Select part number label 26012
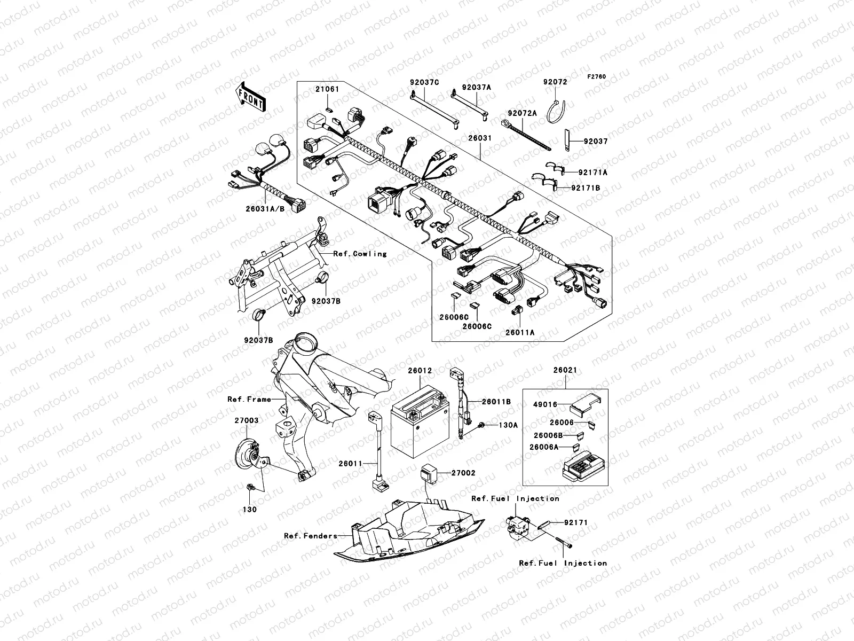click(x=420, y=370)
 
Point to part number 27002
click(x=463, y=473)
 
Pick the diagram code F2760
click(x=597, y=77)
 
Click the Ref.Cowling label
click(x=360, y=254)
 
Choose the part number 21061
click(x=327, y=89)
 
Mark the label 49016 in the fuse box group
click(x=545, y=405)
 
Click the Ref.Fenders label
click(x=311, y=536)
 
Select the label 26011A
click(x=520, y=332)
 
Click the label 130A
click(x=508, y=425)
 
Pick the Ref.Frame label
click(x=249, y=399)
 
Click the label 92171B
click(x=586, y=188)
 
